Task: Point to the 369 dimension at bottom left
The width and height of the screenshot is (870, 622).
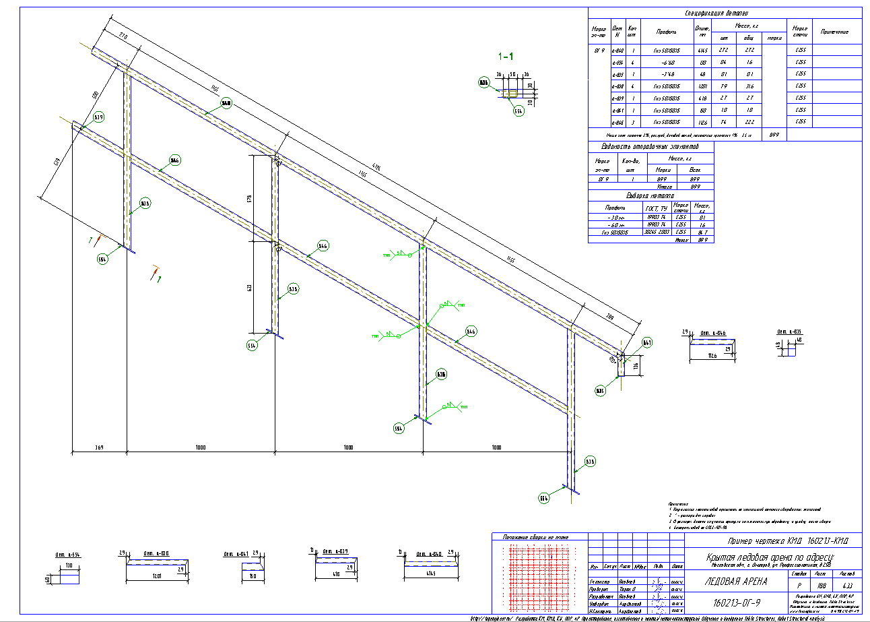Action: pos(98,447)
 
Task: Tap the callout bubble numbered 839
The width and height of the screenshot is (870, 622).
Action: pos(99,117)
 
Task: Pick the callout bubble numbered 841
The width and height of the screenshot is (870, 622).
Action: pos(647,342)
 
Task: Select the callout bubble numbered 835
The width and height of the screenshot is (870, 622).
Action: pos(600,390)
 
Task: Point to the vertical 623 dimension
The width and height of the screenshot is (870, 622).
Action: pos(248,288)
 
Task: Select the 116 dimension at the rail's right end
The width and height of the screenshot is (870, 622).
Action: pos(636,366)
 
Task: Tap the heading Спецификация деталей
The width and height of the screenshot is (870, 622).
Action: pos(722,13)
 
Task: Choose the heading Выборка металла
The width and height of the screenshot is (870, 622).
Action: pos(650,195)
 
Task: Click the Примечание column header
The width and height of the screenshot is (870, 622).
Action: pos(834,32)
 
